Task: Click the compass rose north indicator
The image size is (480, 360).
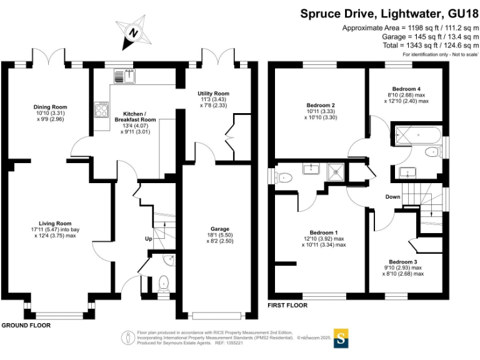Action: pyautogui.click(x=133, y=34)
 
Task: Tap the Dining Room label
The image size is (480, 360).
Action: pyautogui.click(x=50, y=107)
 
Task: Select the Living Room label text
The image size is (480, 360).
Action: pyautogui.click(x=55, y=223)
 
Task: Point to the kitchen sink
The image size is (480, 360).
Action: pyautogui.click(x=122, y=76)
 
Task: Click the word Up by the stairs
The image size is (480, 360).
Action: pyautogui.click(x=148, y=239)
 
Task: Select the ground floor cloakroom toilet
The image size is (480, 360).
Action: pyautogui.click(x=164, y=283)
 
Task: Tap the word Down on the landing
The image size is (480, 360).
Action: pyautogui.click(x=392, y=197)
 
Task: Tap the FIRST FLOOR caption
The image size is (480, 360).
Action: pyautogui.click(x=287, y=306)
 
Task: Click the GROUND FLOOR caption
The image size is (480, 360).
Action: pyautogui.click(x=26, y=326)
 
